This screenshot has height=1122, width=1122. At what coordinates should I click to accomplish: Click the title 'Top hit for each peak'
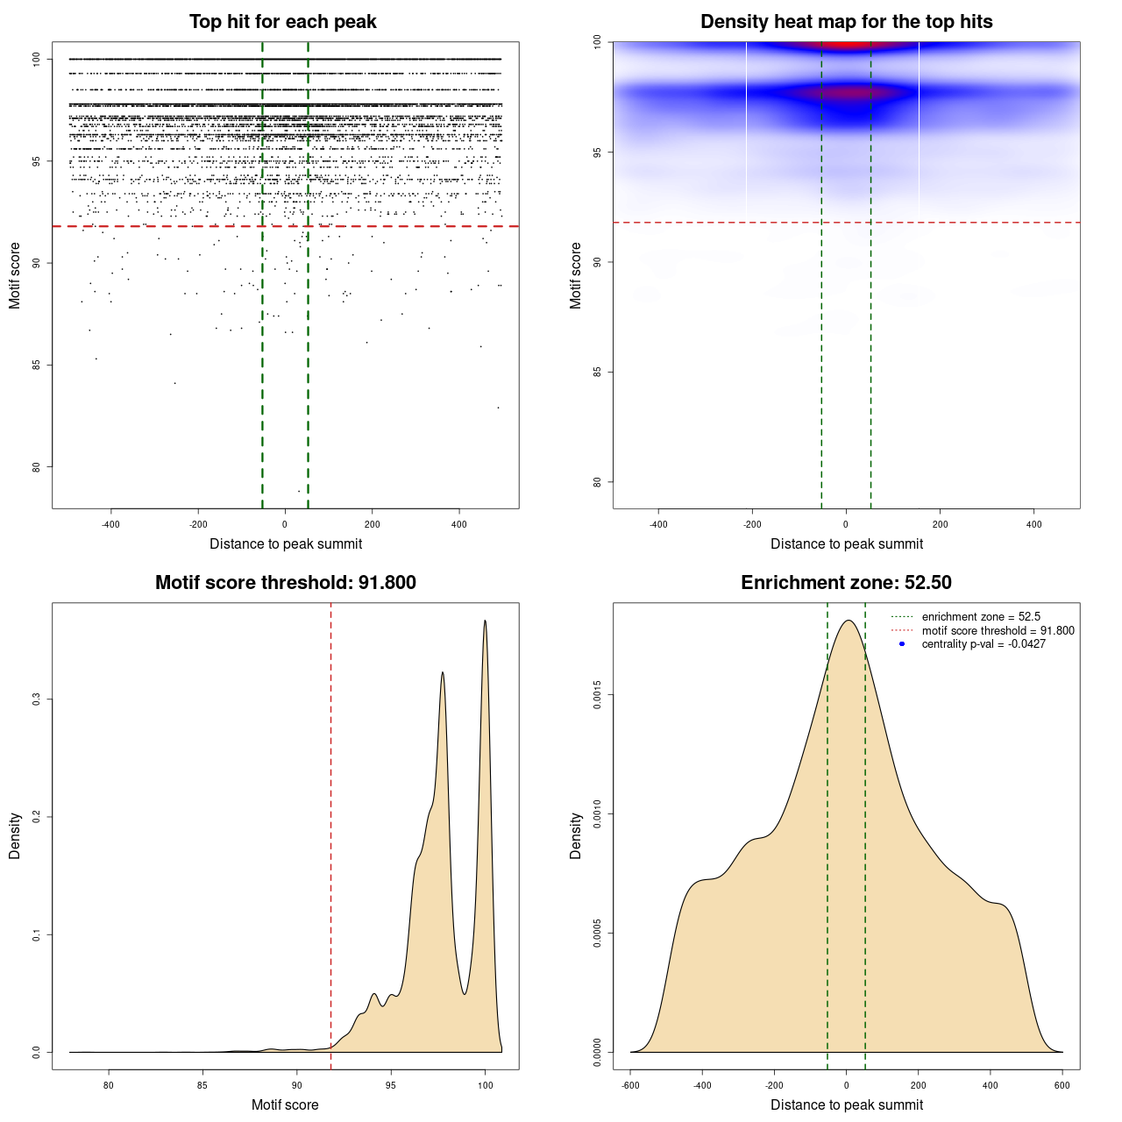[x=282, y=22]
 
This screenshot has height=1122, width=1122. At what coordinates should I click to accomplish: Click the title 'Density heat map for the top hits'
[x=846, y=22]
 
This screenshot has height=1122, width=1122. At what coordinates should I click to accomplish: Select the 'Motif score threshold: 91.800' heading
[x=285, y=583]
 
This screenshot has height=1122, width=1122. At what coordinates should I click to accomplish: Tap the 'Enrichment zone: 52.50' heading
[x=846, y=583]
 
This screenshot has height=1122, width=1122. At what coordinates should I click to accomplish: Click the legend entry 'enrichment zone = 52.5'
[x=981, y=617]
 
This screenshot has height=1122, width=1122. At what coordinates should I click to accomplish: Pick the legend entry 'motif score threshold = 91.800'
[x=998, y=630]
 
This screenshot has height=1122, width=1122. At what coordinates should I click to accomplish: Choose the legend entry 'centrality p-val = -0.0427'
[x=984, y=644]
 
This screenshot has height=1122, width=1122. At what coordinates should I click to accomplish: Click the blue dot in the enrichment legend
[x=902, y=644]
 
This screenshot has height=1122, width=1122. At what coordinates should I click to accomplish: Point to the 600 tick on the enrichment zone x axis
[x=1062, y=1085]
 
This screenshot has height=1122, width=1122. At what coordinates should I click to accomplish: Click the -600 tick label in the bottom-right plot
[x=630, y=1085]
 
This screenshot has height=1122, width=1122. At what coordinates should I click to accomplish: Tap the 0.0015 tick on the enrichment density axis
[x=598, y=696]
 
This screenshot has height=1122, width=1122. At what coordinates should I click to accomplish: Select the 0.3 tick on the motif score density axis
[x=37, y=699]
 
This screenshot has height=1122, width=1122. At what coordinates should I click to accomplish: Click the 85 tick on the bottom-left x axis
[x=202, y=1085]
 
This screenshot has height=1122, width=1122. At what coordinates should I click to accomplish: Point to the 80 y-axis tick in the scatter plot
[x=37, y=466]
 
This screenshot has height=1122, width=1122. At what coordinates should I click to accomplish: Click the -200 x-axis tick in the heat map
[x=752, y=524]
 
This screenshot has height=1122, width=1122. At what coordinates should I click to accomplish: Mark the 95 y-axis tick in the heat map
[x=598, y=153]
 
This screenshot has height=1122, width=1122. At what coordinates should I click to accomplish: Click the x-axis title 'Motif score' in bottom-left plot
[x=285, y=1104]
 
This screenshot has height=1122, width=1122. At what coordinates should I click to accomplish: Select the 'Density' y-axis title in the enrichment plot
[x=576, y=835]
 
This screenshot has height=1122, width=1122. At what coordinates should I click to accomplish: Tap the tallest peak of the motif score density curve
[x=485, y=621]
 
